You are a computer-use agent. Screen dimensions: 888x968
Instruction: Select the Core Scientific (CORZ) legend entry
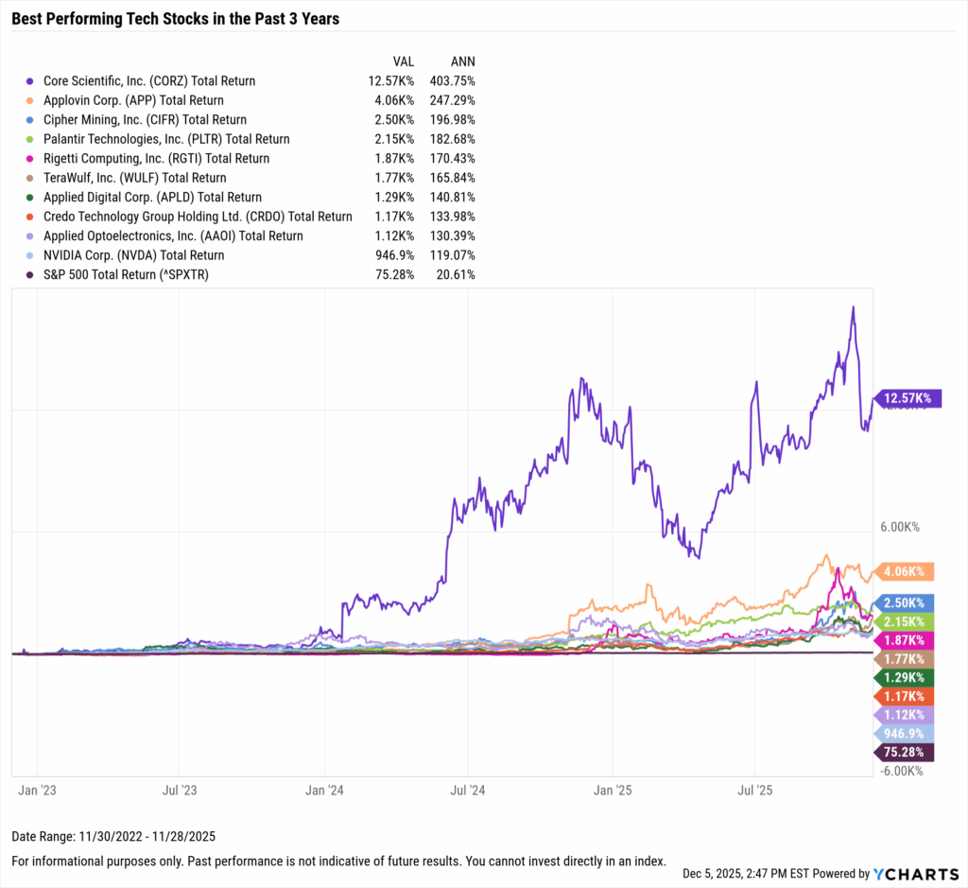click(142, 81)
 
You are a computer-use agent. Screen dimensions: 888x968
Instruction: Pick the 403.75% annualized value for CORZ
click(451, 81)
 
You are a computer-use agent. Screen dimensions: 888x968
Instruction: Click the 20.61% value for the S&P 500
click(455, 274)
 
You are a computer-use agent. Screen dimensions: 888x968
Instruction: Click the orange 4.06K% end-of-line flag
click(906, 571)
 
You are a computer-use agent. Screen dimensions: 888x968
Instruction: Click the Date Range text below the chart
click(113, 837)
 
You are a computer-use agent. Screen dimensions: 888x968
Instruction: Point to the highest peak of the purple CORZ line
click(853, 306)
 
